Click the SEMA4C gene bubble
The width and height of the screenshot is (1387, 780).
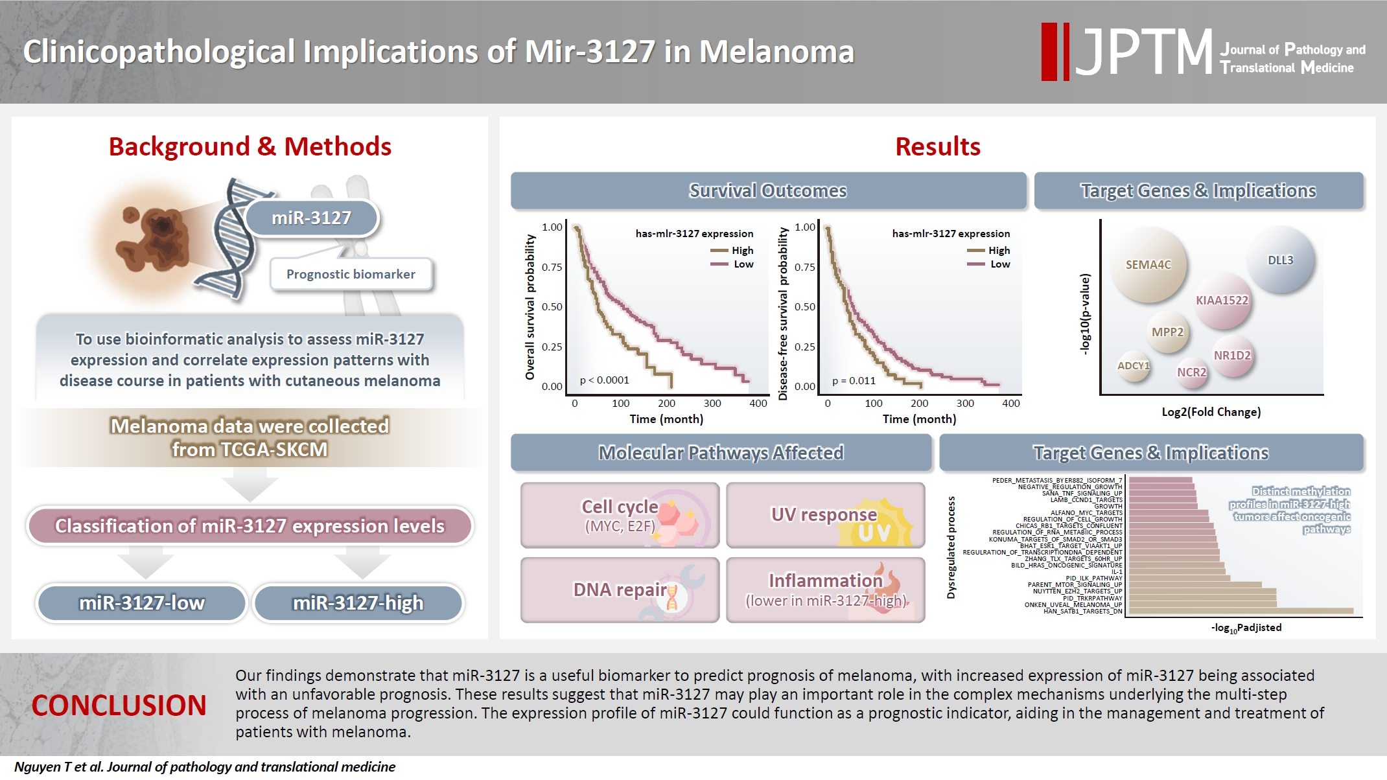(1148, 264)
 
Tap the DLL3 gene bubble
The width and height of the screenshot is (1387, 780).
(1280, 260)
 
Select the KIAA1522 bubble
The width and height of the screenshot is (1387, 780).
(1222, 301)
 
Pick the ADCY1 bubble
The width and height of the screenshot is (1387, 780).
(1133, 366)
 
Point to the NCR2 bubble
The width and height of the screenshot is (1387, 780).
(1192, 373)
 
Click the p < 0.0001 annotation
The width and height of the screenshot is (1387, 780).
(604, 380)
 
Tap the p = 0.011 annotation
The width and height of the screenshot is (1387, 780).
(854, 381)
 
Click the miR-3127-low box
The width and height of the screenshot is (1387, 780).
(142, 603)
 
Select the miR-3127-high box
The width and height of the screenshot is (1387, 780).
(358, 603)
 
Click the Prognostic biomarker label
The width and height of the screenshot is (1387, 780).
(351, 274)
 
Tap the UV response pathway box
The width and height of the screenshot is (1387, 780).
(825, 516)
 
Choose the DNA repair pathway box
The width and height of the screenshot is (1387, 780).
(620, 590)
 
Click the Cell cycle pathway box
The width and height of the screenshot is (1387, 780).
(620, 516)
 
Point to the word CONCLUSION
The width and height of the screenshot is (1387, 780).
(119, 705)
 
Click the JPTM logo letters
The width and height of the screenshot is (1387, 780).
(1145, 52)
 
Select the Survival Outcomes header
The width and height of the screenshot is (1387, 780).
(768, 191)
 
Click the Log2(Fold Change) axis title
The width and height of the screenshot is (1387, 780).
(1211, 412)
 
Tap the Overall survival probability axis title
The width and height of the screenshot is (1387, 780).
(530, 307)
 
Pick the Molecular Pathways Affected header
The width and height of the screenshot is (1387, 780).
(721, 453)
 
